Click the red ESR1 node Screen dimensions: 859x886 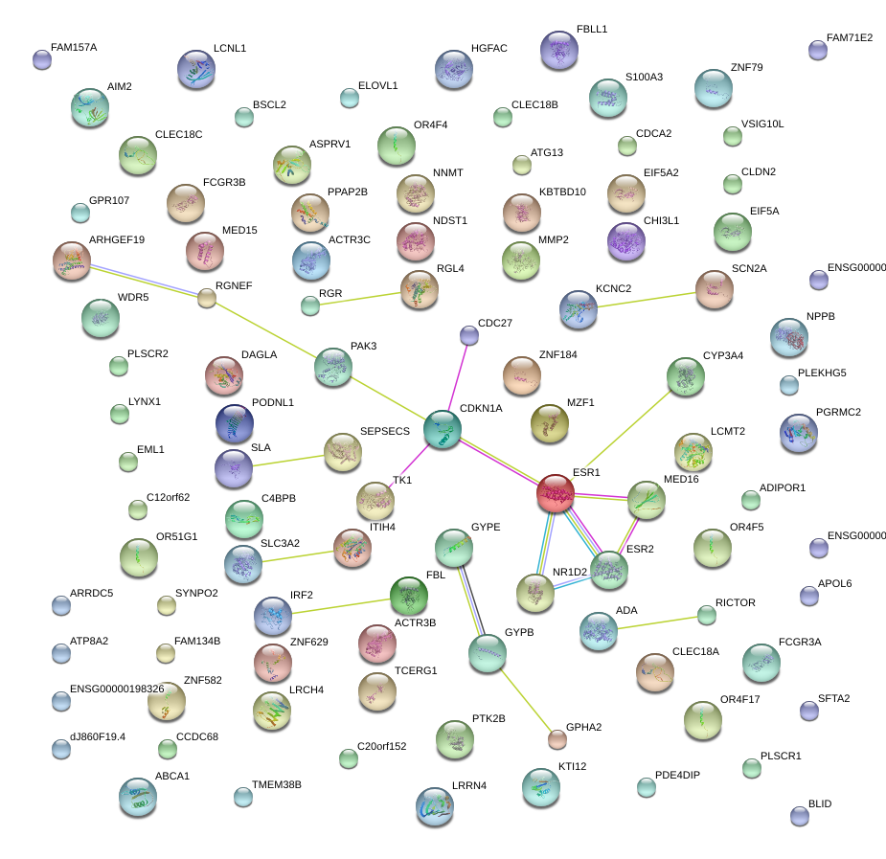(556, 492)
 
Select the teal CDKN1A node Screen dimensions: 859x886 (442, 429)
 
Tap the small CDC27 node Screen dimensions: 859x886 (468, 334)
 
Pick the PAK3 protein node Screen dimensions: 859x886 (332, 366)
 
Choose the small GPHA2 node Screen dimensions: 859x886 (557, 738)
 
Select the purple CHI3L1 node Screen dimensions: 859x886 (626, 241)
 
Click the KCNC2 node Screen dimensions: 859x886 (579, 309)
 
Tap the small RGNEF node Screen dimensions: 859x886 (207, 298)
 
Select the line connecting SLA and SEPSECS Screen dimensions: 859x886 (288, 461)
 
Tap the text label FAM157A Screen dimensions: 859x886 (74, 47)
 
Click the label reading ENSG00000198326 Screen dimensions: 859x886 (117, 689)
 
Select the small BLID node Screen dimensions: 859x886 (800, 816)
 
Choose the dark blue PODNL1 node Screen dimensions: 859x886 (234, 423)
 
